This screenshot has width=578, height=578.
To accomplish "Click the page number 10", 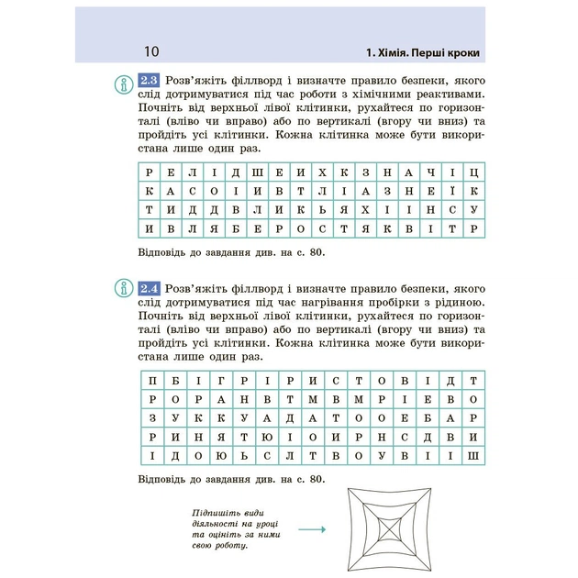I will click(x=151, y=50).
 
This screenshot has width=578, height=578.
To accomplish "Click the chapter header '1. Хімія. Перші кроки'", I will click(x=421, y=50).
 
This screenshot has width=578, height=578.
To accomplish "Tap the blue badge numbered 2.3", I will click(x=149, y=80).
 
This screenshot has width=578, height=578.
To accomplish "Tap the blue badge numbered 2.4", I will click(x=149, y=287).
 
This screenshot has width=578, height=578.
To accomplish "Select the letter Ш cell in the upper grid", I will click(x=260, y=172).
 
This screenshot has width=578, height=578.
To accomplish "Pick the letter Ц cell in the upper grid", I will click(x=472, y=172).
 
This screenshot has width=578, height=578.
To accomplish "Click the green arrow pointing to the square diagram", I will click(x=312, y=529).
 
